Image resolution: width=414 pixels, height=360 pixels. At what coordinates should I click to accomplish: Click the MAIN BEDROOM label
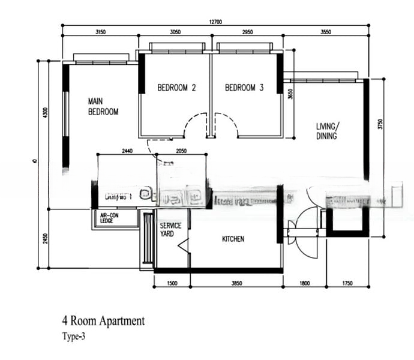(x=103, y=106)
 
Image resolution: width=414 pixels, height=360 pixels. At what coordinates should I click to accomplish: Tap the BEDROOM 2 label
(x=176, y=88)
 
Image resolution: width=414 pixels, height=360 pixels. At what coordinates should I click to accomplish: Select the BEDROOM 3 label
(x=244, y=88)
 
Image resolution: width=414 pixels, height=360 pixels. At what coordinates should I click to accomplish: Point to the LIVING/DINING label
(x=328, y=131)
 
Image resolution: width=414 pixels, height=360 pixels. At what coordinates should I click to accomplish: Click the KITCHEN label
(x=233, y=239)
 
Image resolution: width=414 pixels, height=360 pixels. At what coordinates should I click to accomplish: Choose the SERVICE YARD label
(x=170, y=229)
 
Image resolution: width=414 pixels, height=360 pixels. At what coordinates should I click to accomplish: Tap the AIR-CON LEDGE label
(x=110, y=218)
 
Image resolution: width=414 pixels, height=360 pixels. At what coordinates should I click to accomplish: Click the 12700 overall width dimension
(x=216, y=22)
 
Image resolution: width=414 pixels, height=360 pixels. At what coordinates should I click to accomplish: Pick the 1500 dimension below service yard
(x=172, y=283)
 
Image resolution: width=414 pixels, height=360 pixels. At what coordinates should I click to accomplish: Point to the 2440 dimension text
(x=126, y=151)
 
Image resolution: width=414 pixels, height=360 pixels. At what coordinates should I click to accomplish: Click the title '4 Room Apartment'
(x=103, y=322)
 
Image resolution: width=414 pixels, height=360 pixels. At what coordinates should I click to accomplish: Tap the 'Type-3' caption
(x=74, y=337)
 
